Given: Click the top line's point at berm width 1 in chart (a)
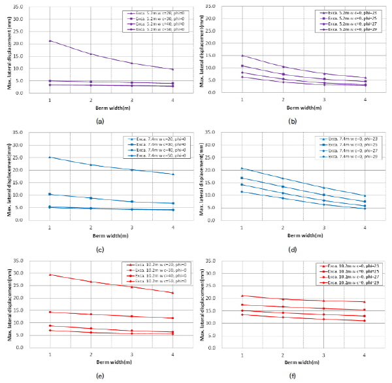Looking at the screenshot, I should coord(50,41).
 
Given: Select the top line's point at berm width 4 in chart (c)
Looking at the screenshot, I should coord(172,174).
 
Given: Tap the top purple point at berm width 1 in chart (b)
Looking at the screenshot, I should coord(242,56).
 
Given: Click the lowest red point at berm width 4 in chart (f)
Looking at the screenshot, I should coord(365,321).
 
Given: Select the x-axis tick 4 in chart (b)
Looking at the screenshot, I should coord(365,99).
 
